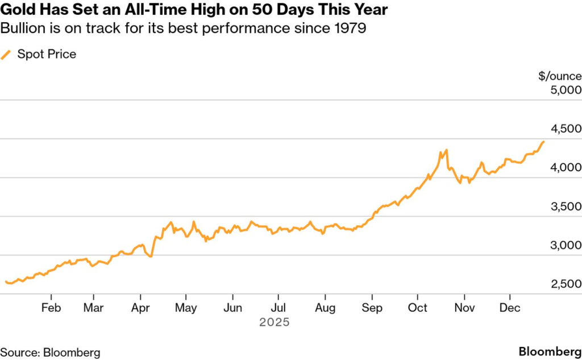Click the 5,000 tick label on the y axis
click(x=566, y=90)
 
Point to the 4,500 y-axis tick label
click(x=566, y=129)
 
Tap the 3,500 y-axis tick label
click(x=566, y=206)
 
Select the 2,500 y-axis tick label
click(x=566, y=284)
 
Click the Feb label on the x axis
click(x=51, y=308)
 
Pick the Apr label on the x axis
click(x=140, y=308)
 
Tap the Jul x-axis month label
click(x=278, y=308)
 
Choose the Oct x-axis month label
click(x=418, y=308)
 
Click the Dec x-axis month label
click(x=510, y=308)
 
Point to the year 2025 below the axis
click(x=275, y=322)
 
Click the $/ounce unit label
click(x=560, y=76)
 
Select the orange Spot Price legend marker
click(x=6, y=55)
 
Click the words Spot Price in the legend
click(x=47, y=55)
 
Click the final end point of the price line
click(x=544, y=142)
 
